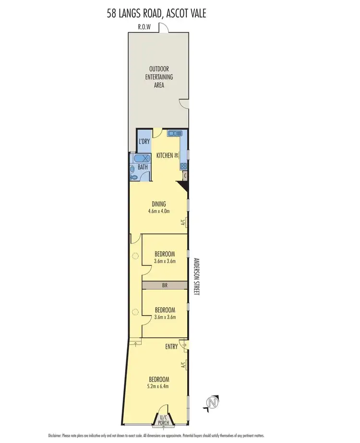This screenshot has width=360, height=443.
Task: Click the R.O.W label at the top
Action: (144, 27)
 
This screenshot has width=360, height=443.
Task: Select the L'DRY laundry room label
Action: (144, 142)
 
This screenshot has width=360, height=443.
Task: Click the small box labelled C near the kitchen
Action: (185, 175)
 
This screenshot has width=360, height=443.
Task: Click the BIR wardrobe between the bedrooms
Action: (164, 285)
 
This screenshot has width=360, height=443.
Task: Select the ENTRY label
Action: (171, 346)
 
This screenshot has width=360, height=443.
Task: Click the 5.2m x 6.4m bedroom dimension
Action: (158, 386)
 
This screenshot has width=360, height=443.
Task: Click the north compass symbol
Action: (210, 402)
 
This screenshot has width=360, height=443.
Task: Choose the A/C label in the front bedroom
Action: (183, 365)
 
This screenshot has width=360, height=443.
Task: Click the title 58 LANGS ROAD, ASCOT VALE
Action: (156, 13)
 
